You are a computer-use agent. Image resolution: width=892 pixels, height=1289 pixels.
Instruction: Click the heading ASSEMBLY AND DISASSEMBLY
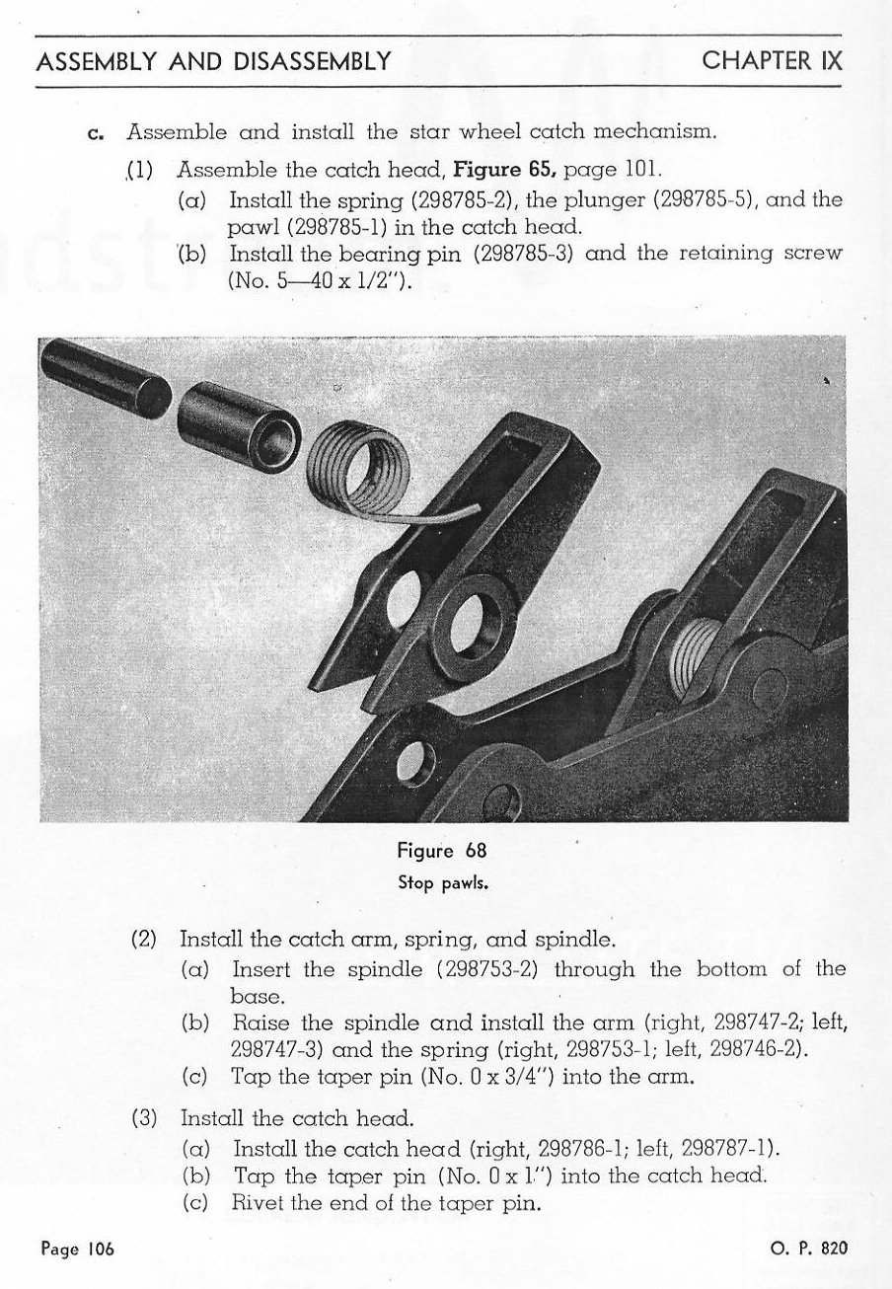point(210,60)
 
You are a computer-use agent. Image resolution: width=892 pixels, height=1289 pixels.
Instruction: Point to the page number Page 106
point(79,1248)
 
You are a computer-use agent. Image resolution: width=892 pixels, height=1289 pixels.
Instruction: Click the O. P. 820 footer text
point(807,1248)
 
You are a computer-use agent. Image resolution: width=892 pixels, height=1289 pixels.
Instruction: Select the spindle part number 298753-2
point(485,969)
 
